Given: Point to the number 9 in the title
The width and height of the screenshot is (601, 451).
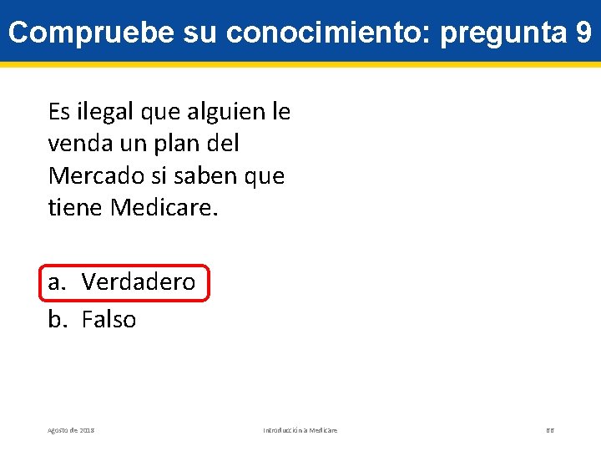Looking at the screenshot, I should (x=583, y=33).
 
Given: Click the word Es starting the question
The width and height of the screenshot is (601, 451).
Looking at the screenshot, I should (x=59, y=111).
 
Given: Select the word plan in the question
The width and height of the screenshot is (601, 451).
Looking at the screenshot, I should (x=177, y=144).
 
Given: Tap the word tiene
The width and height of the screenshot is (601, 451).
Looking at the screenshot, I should (x=76, y=208).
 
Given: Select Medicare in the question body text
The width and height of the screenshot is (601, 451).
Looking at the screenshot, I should (x=164, y=208).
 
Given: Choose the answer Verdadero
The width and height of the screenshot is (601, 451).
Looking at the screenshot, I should (x=139, y=282).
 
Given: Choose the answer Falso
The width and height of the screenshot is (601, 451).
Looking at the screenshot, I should (x=109, y=319).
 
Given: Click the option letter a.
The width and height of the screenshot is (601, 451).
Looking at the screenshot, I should (x=56, y=282).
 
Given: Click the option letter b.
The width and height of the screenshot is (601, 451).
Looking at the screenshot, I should (x=56, y=319).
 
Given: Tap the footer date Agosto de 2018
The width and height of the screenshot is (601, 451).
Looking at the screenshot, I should (x=71, y=430).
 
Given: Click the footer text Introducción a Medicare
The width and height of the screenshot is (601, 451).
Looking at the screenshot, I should (x=300, y=430).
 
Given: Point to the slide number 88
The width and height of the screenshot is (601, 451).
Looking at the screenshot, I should (x=550, y=430).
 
